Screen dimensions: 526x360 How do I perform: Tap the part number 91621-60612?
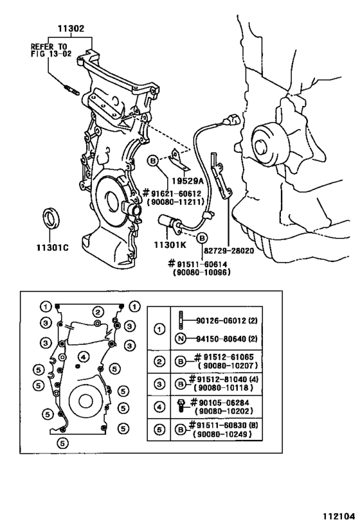(177, 193)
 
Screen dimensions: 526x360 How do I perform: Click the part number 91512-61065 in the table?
(222, 356)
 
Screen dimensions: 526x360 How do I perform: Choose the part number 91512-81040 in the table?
(222, 381)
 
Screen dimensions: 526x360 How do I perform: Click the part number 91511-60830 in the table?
(222, 427)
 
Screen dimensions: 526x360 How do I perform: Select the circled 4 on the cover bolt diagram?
(83, 356)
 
